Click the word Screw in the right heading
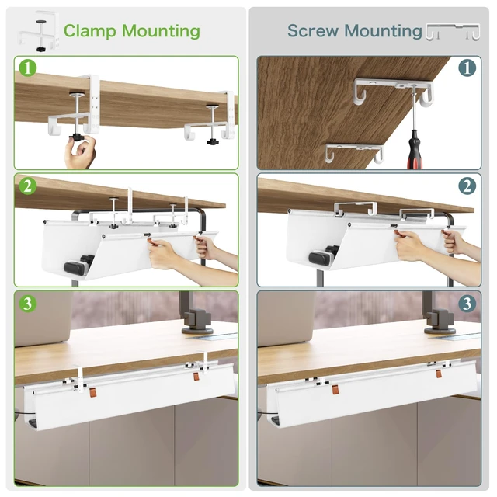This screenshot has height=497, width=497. click(312, 31)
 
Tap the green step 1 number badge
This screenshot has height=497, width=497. click(28, 68)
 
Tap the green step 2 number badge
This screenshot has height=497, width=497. click(28, 186)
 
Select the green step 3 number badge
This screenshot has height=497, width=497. click(28, 304)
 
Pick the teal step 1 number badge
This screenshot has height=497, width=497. click(467, 68)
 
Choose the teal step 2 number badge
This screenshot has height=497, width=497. click(467, 186)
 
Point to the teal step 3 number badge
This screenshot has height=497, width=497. click(467, 304)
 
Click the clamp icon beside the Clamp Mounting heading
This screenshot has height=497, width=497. click(39, 32)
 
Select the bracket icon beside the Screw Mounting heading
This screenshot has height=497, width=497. click(453, 32)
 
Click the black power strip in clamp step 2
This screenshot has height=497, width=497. click(79, 263)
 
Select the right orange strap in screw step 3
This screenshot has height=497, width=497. click(439, 374)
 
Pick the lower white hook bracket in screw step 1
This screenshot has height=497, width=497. click(354, 152)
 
